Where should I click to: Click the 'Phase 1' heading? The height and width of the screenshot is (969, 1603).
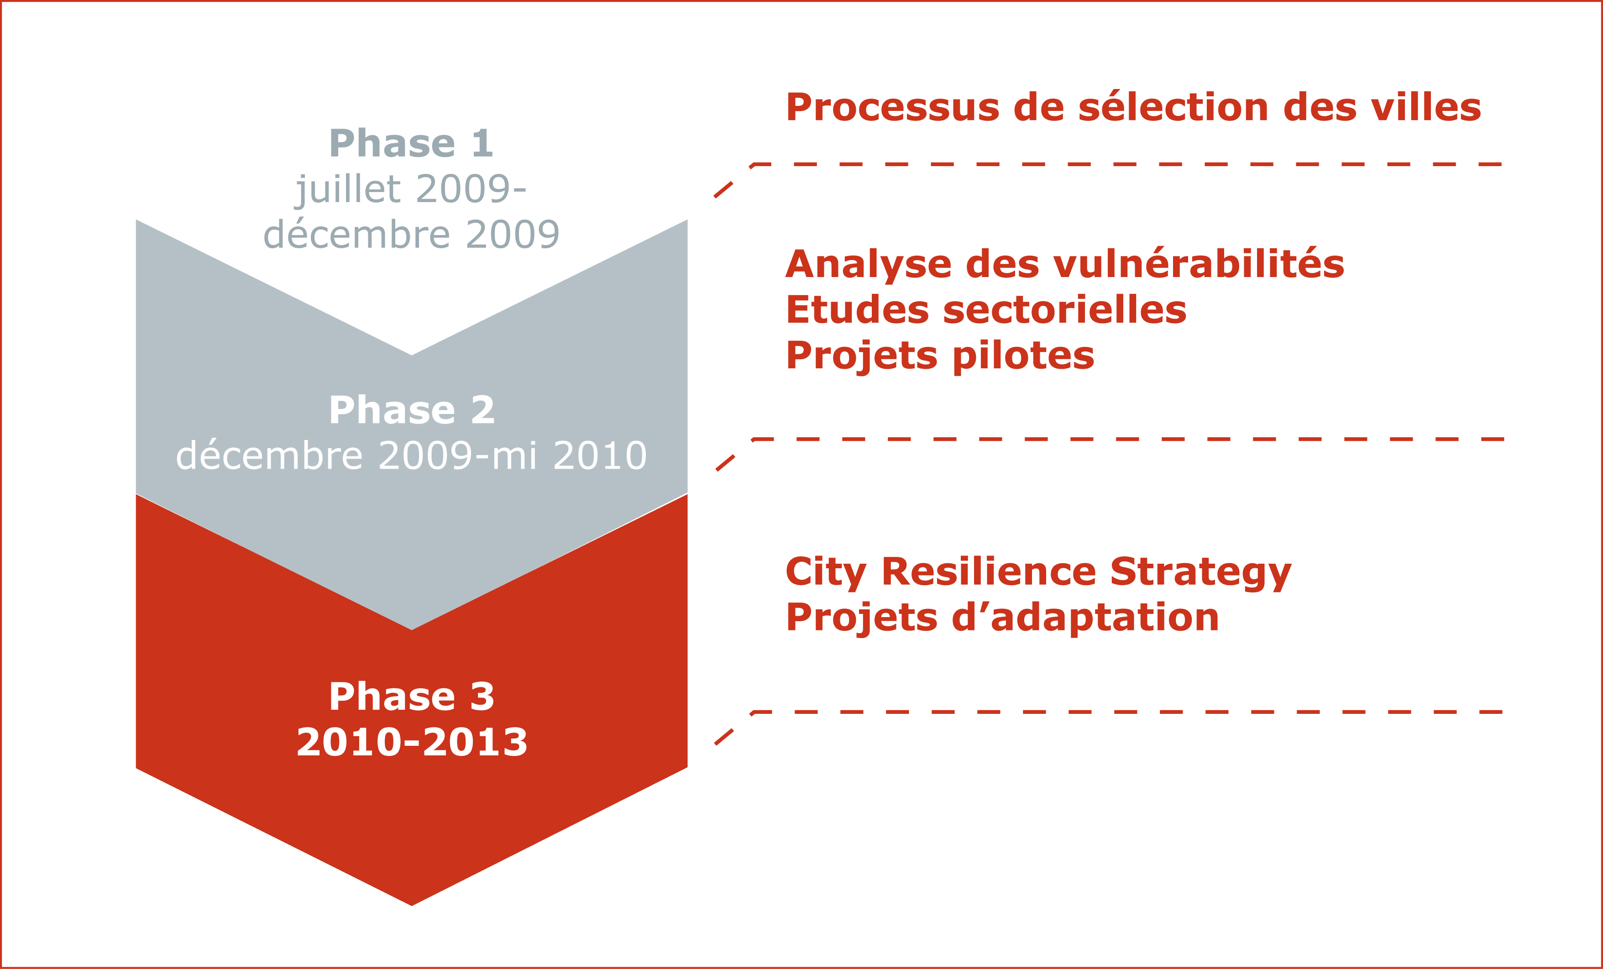[411, 143]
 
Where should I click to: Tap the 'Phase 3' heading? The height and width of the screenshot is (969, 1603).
[412, 697]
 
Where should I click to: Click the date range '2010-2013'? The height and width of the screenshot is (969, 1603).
[412, 742]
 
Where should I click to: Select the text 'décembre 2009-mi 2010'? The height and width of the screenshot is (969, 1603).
[412, 455]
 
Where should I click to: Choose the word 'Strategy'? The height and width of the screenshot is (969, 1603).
[1200, 573]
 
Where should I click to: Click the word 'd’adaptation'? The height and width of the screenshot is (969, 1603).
[1085, 618]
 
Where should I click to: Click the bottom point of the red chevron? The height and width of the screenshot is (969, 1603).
[412, 905]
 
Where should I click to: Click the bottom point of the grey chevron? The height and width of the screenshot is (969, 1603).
[412, 629]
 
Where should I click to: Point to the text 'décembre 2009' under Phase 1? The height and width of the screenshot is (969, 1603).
[411, 234]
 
